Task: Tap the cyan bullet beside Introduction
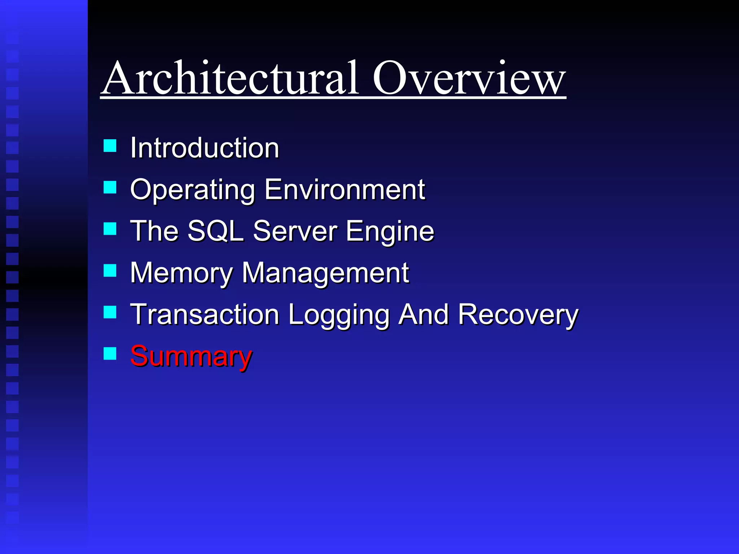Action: click(x=110, y=146)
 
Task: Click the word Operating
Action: click(x=192, y=190)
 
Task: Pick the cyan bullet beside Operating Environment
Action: click(x=110, y=188)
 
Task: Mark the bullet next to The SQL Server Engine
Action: click(x=110, y=229)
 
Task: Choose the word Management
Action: click(x=325, y=273)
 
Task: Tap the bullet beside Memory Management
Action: click(x=110, y=271)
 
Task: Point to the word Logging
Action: click(x=338, y=315)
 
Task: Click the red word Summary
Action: click(x=191, y=356)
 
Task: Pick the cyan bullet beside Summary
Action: click(x=110, y=354)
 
